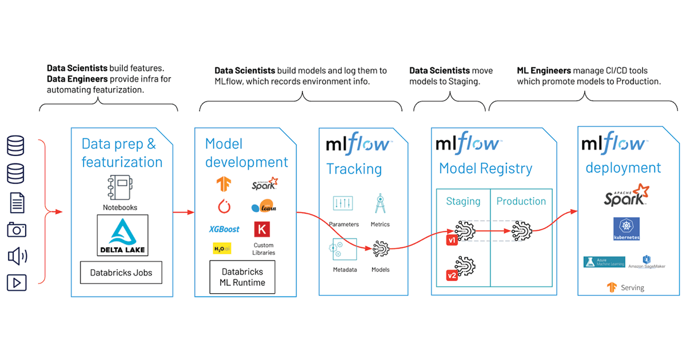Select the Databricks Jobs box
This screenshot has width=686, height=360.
point(121,273)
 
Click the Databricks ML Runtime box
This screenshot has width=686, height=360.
point(242,277)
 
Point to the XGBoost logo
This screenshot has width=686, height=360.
point(224,229)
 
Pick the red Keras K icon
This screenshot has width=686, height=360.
point(262,229)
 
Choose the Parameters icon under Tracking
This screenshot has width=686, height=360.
point(343,203)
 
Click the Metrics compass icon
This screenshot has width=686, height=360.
point(380,203)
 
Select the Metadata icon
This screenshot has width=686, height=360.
point(343,249)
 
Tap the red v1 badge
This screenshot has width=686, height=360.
point(452,241)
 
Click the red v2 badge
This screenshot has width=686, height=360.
point(452,276)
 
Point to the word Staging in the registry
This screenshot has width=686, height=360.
point(463,201)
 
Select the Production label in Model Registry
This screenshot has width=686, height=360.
point(521,201)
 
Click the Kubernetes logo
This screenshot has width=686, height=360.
point(626,229)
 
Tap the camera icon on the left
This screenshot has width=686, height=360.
point(17,230)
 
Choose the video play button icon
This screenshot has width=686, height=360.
point(17,282)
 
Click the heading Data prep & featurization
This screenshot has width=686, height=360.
point(122,153)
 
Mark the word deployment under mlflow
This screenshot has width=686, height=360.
point(623,167)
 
